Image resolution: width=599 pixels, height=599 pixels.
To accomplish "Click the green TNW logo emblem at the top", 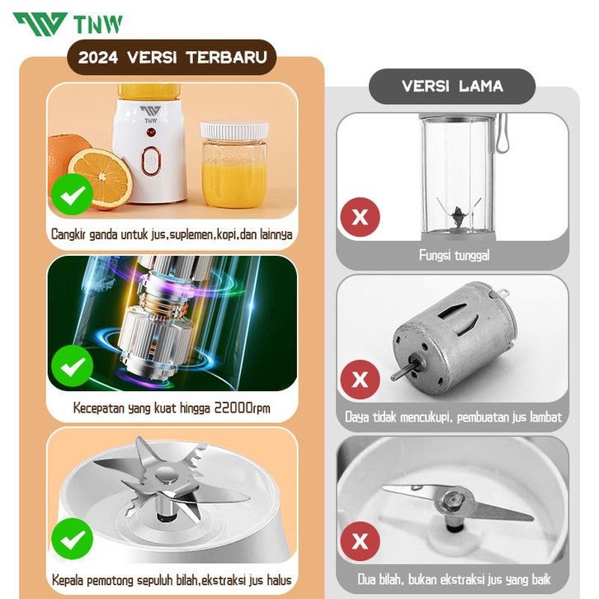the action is tap(40, 25).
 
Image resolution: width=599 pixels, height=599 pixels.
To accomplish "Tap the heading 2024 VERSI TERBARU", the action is tap(172, 57).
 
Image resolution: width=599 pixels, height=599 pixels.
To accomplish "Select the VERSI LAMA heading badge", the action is tap(452, 86).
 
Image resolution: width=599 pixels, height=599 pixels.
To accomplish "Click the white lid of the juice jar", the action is tap(233, 131).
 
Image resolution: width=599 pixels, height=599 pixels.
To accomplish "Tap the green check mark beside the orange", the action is tap(73, 195).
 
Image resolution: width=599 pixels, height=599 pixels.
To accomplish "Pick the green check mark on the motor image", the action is tap(73, 366).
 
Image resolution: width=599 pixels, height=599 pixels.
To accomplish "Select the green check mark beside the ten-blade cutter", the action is tap(73, 539).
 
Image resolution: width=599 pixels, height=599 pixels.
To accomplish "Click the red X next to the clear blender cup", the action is tap(360, 217).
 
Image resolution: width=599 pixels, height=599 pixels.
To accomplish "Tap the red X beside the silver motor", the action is tap(360, 380).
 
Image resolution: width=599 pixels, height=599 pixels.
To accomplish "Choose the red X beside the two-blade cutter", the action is tap(360, 541).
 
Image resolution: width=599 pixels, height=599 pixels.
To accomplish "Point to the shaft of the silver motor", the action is tap(402, 370).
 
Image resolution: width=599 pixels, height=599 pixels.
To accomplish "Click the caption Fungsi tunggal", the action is tap(454, 255).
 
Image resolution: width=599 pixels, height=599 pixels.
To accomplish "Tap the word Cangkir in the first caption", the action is tap(68, 234).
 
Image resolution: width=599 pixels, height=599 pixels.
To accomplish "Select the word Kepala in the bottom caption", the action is tap(68, 580).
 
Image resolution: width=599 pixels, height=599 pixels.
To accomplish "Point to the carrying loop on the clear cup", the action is tap(502, 134).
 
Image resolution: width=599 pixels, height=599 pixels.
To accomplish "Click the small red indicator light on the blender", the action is tap(150, 133).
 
